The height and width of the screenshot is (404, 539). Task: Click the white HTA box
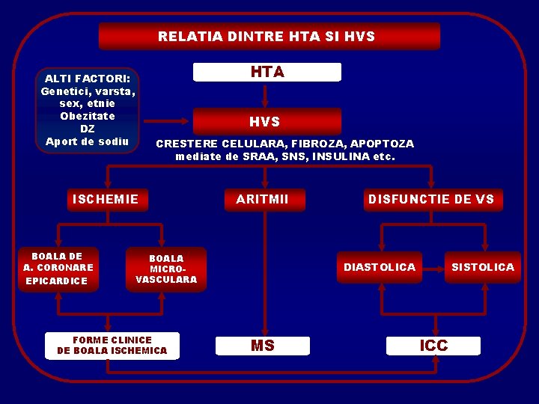tap(267, 72)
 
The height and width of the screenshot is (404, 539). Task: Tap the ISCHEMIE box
tap(106, 199)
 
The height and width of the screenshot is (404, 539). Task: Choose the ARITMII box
tap(262, 199)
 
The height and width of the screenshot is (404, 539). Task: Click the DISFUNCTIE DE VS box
tap(431, 199)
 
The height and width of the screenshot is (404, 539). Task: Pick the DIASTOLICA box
tap(380, 267)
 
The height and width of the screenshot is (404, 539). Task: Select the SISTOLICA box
tap(483, 267)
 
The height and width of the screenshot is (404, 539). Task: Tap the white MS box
tap(262, 346)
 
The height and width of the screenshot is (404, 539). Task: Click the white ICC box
tap(434, 345)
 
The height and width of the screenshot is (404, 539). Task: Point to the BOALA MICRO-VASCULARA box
tap(166, 269)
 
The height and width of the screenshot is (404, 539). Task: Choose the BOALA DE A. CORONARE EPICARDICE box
tap(58, 269)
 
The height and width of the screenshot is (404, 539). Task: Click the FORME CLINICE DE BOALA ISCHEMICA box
tap(112, 345)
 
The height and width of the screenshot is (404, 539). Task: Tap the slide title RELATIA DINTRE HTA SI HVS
tap(267, 36)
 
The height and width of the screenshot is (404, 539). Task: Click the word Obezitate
tap(88, 116)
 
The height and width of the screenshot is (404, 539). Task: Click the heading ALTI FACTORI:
tap(88, 79)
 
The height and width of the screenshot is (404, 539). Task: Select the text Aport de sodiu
tap(88, 141)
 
